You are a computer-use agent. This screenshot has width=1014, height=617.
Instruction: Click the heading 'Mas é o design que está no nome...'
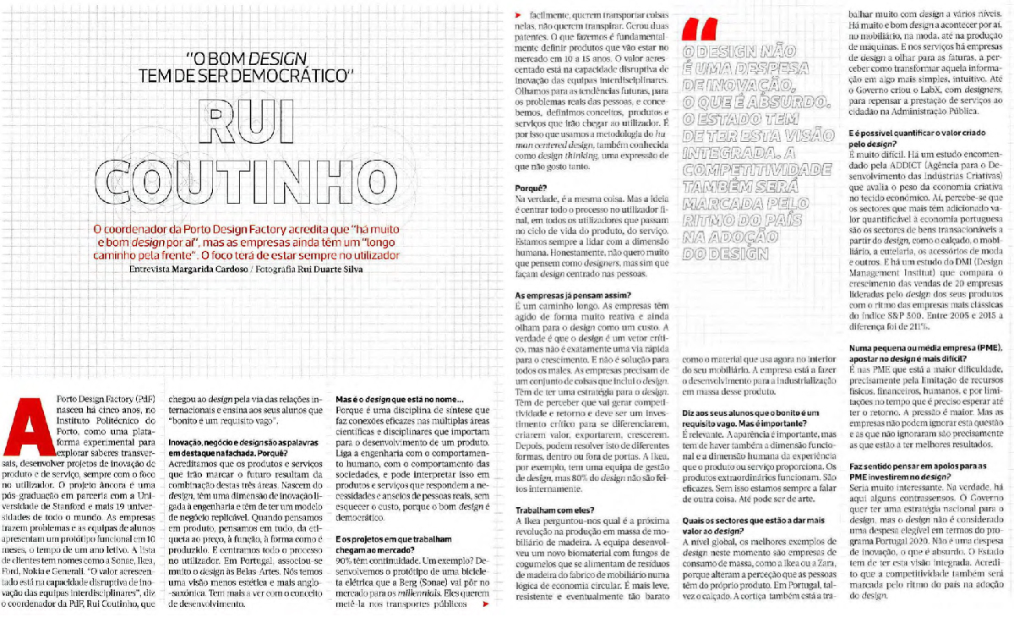click(399, 400)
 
